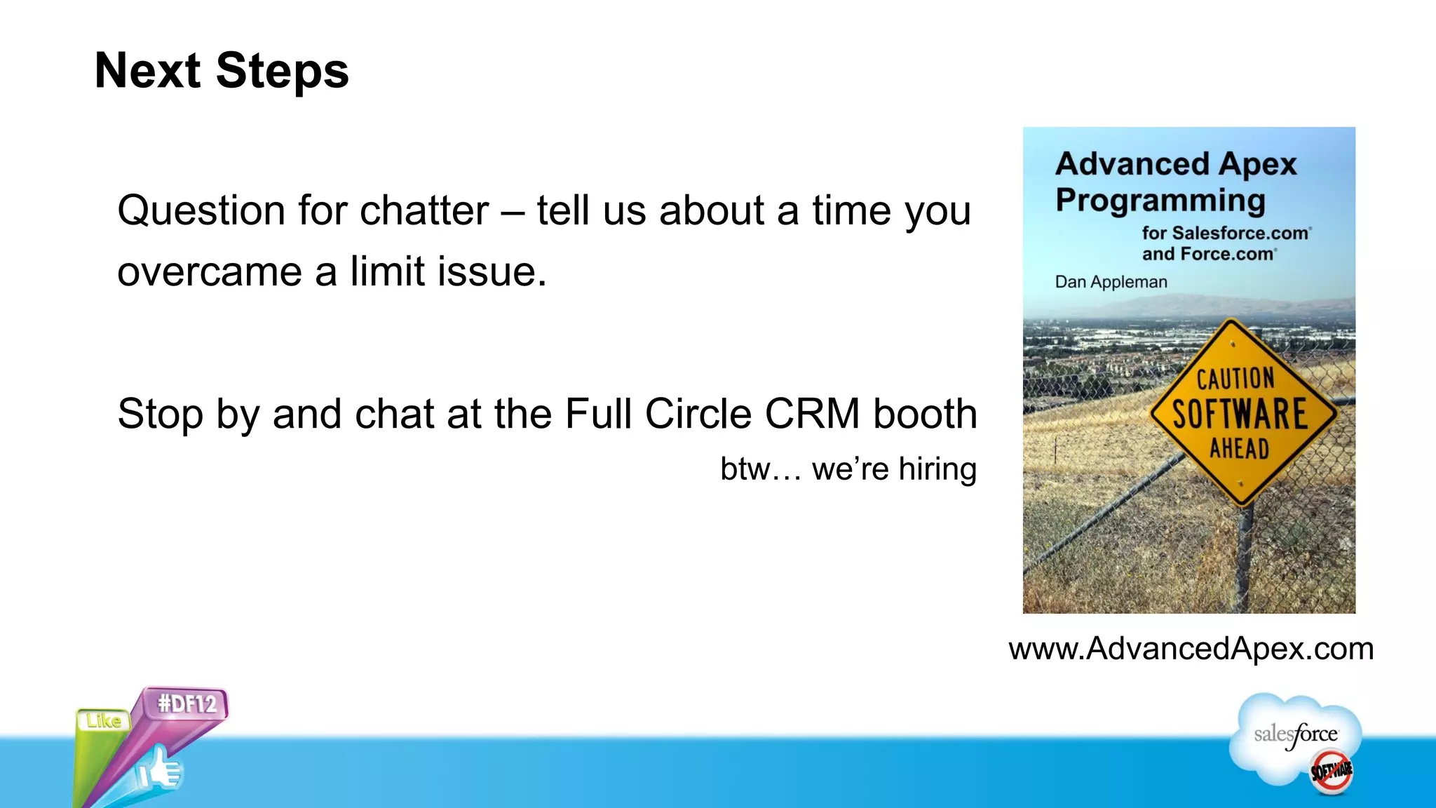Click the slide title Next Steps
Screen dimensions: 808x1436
(x=222, y=71)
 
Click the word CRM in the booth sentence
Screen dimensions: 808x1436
(x=812, y=414)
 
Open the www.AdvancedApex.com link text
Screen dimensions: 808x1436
(x=1191, y=649)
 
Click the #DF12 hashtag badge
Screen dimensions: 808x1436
(x=187, y=703)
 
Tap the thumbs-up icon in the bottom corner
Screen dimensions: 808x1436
(x=159, y=772)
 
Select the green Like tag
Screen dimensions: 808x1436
(x=103, y=721)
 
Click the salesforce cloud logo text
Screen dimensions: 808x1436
(x=1296, y=734)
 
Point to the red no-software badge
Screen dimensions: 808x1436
(x=1332, y=772)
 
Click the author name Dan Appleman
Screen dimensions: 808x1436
(x=1111, y=282)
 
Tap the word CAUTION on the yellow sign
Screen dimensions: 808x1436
(x=1235, y=379)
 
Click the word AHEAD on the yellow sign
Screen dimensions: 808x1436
(x=1239, y=448)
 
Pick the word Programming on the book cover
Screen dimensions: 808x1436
(x=1160, y=201)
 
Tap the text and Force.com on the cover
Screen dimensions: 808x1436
(x=1208, y=254)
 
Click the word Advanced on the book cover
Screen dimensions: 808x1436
(x=1132, y=164)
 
